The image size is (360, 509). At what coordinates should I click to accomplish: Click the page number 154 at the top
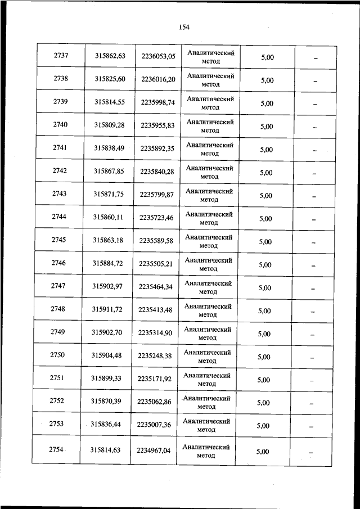183,26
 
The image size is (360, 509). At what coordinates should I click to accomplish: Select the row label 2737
61,56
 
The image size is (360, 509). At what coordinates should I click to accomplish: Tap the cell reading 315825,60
110,79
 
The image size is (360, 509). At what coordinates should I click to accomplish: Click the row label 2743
59,194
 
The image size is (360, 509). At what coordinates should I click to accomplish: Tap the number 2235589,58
156,240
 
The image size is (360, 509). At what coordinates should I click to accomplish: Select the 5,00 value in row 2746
265,265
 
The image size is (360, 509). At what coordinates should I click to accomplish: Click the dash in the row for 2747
313,289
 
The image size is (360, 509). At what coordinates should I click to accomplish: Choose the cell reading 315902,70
107,332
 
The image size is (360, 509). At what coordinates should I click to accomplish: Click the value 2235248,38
155,356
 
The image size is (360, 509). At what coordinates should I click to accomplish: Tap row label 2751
57,379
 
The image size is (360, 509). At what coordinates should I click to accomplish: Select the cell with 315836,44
106,425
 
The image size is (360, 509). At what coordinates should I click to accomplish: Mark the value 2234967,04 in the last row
153,450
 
